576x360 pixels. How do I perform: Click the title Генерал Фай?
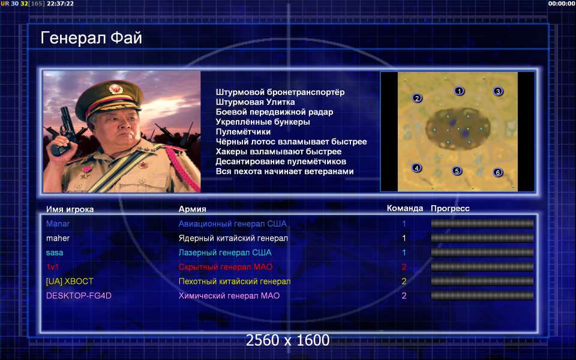[91, 38]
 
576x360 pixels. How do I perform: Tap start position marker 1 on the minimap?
[459, 91]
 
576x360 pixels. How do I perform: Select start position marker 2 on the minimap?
[416, 98]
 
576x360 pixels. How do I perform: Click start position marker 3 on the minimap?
[498, 91]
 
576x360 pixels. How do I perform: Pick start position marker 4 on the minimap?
[416, 168]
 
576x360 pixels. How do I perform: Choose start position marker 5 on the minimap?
[457, 171]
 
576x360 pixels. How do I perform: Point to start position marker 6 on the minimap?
[498, 172]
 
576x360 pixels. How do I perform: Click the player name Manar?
[58, 224]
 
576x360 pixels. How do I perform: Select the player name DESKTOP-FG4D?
[79, 296]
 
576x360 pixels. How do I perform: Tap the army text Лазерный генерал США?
[225, 253]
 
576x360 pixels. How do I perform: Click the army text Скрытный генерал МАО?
[226, 267]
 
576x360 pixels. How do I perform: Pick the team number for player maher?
[404, 238]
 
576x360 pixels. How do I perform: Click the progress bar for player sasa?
[482, 253]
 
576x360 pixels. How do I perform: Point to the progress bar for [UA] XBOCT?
[482, 281]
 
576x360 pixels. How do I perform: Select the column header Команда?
[405, 208]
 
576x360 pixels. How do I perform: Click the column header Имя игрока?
[70, 209]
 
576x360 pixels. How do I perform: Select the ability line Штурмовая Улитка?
[256, 102]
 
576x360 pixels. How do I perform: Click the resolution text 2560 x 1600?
[287, 340]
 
